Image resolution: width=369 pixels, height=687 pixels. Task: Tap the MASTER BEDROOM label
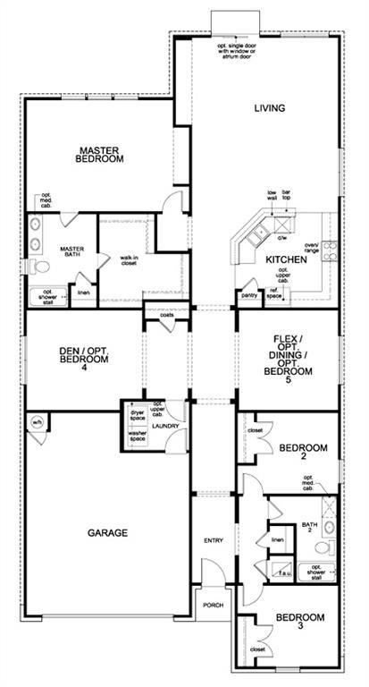(x=99, y=155)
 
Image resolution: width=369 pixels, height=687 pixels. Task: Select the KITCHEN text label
(x=286, y=259)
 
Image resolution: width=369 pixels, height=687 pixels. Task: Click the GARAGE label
(x=107, y=532)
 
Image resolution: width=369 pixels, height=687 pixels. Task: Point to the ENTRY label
(x=214, y=539)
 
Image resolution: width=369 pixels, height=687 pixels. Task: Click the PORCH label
(x=213, y=604)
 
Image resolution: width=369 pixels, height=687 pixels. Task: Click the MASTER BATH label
(x=71, y=254)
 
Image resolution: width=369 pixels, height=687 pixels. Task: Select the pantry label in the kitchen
(x=249, y=293)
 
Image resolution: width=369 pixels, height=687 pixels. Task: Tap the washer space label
(x=137, y=437)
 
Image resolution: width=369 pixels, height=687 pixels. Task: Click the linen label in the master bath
(x=83, y=292)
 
